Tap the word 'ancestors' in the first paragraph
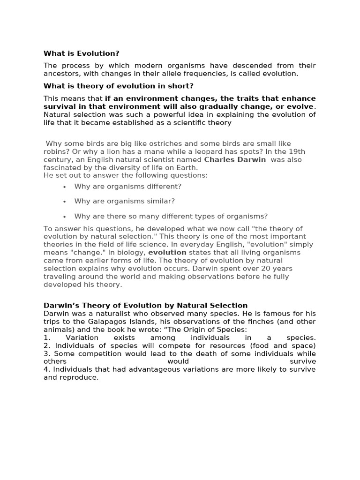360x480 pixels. point(61,74)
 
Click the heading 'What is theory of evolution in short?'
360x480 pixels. point(118,86)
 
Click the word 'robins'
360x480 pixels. point(55,151)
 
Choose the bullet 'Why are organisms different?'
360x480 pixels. point(127,186)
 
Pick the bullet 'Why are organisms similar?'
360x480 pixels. point(124,201)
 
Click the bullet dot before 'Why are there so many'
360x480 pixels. point(64,217)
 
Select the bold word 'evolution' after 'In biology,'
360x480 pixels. point(167,252)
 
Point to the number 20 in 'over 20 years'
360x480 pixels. point(265,268)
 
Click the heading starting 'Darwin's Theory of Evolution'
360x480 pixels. point(145,306)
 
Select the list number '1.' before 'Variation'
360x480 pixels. point(46,337)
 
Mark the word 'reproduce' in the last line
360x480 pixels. point(79,377)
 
